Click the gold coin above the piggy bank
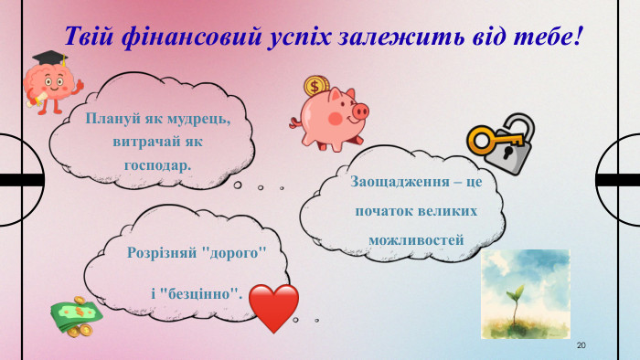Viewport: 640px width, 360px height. (315, 88)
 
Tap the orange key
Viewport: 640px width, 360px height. (495, 140)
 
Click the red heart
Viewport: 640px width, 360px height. (273, 307)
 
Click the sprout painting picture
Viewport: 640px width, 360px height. (525, 293)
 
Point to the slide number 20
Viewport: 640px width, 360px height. (581, 345)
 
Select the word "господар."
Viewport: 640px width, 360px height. (157, 165)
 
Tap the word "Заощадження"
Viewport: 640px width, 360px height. (394, 181)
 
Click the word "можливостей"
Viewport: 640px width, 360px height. (416, 240)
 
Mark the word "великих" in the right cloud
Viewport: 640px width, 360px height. (447, 210)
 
